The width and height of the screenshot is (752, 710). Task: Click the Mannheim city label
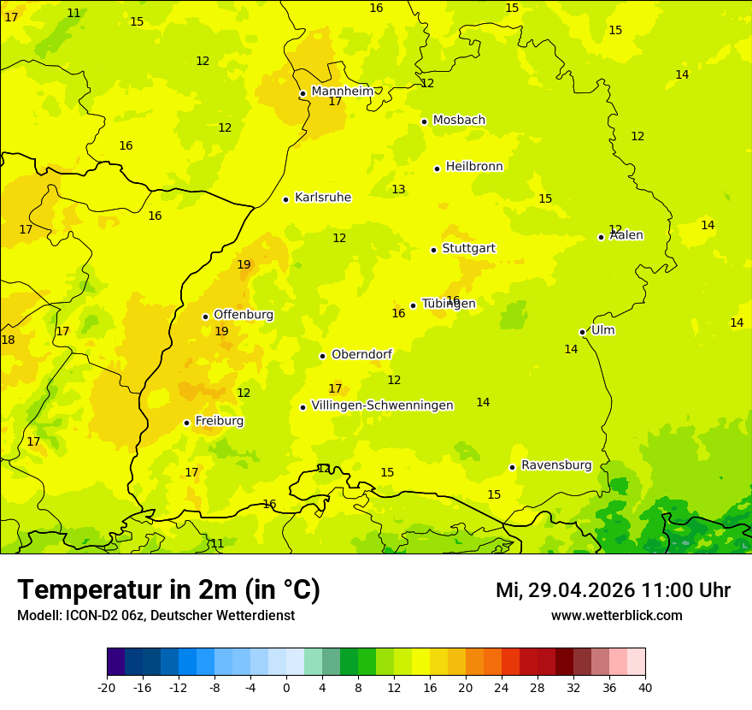[342, 91]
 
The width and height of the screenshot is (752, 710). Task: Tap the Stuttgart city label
[468, 248]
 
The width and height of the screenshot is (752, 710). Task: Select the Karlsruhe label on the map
[322, 197]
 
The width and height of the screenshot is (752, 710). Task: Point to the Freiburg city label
[219, 421]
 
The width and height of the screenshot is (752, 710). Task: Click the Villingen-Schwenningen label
[382, 405]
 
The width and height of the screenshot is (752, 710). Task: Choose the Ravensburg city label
[555, 465]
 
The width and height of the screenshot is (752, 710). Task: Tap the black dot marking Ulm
[582, 332]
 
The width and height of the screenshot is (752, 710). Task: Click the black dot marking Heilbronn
[437, 169]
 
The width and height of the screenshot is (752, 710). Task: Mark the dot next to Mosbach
[424, 121]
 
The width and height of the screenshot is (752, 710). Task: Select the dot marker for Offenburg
[205, 317]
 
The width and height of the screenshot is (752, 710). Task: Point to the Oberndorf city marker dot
[322, 356]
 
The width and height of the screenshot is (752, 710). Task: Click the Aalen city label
[626, 235]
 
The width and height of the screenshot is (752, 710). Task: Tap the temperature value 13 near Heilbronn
[398, 189]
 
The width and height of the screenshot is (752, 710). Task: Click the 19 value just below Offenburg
[221, 331]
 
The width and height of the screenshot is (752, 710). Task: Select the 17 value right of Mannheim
[335, 101]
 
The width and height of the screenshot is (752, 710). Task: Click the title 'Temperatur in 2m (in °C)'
[168, 589]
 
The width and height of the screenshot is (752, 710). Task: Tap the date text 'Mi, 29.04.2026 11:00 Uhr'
[613, 590]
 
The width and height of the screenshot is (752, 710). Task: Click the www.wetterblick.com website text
[616, 615]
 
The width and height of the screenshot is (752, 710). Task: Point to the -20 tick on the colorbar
[107, 687]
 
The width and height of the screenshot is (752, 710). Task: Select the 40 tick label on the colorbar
[644, 687]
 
